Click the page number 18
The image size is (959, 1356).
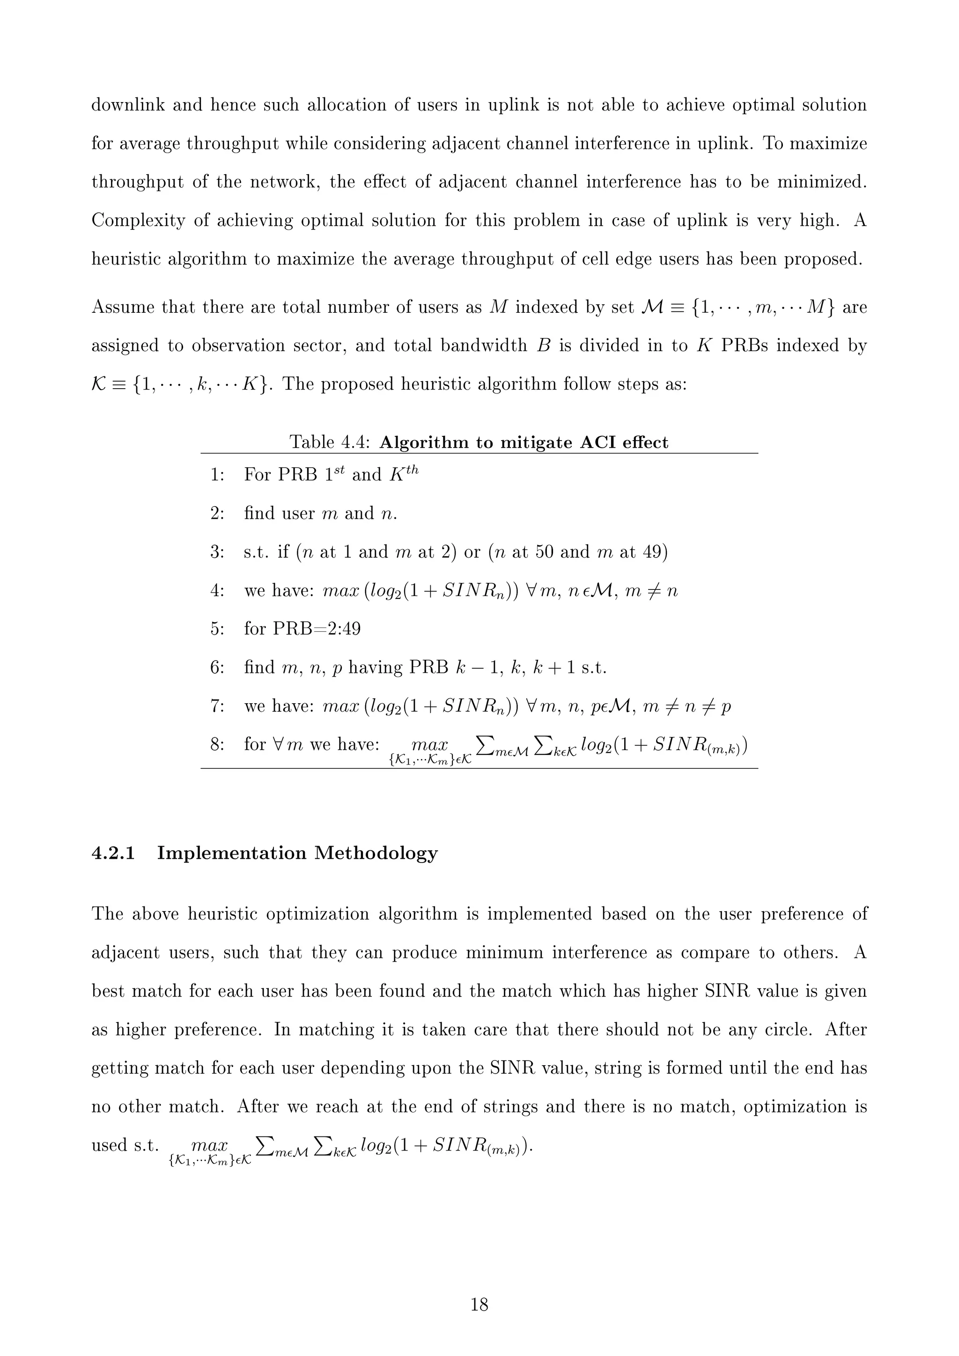click(x=479, y=1304)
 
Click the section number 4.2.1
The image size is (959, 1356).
click(x=113, y=854)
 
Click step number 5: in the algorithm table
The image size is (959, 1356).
click(x=217, y=628)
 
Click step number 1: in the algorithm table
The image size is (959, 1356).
click(x=217, y=475)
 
